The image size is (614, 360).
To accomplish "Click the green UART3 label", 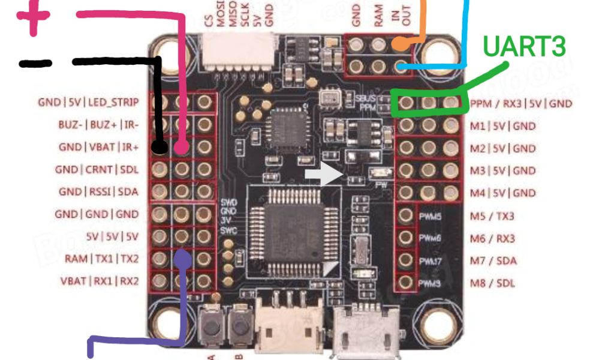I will pos(524,47).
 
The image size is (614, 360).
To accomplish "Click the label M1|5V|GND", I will pos(503,126).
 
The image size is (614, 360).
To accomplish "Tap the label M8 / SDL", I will pos(492,283).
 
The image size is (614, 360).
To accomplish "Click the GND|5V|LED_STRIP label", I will pos(88,103).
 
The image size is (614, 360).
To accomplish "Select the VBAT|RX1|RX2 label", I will pos(99,281).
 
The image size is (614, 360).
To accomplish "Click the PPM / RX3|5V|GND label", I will pos(521,104).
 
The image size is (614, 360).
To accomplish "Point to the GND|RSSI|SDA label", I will pos(98,192).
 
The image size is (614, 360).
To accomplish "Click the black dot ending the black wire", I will pos(159,146).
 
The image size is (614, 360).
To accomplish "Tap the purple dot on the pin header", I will pos(183,259).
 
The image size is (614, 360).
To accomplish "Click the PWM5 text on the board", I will pos(429,216).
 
